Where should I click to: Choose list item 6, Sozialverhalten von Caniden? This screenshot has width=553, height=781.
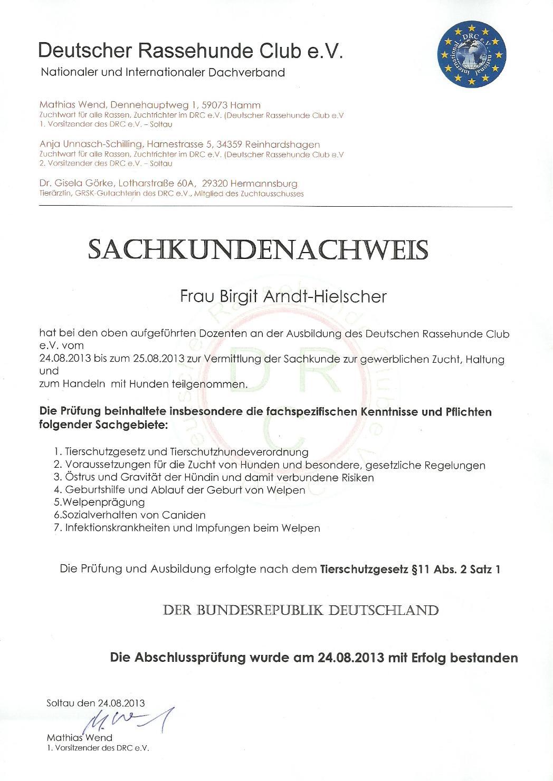pyautogui.click(x=129, y=515)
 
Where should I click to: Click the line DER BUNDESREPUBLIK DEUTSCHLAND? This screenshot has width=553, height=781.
pyautogui.click(x=301, y=611)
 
